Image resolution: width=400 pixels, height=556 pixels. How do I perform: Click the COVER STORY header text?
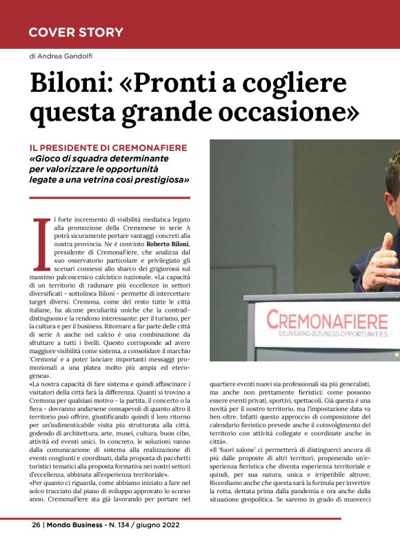(76, 32)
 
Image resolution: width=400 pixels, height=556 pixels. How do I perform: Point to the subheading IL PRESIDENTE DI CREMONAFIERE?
(109, 148)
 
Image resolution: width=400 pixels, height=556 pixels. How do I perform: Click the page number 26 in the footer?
(36, 543)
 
